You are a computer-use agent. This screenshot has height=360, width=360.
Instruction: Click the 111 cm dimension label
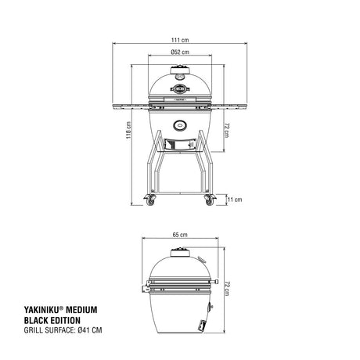coord(180,40)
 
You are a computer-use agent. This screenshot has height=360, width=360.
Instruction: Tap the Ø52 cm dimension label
coord(180,52)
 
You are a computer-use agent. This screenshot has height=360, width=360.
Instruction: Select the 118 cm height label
coord(128,130)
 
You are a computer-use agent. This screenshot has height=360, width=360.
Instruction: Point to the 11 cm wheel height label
coord(235,200)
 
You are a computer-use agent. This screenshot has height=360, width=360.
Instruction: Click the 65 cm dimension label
coord(180,235)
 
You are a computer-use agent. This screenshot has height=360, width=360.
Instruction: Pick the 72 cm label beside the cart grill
coord(227,131)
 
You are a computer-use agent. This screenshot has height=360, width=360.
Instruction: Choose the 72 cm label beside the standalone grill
coord(227,289)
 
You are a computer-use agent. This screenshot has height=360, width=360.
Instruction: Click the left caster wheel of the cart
coord(150,200)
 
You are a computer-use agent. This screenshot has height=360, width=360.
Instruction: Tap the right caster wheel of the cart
coord(210,200)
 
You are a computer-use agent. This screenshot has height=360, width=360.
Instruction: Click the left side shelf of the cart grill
coord(131,106)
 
